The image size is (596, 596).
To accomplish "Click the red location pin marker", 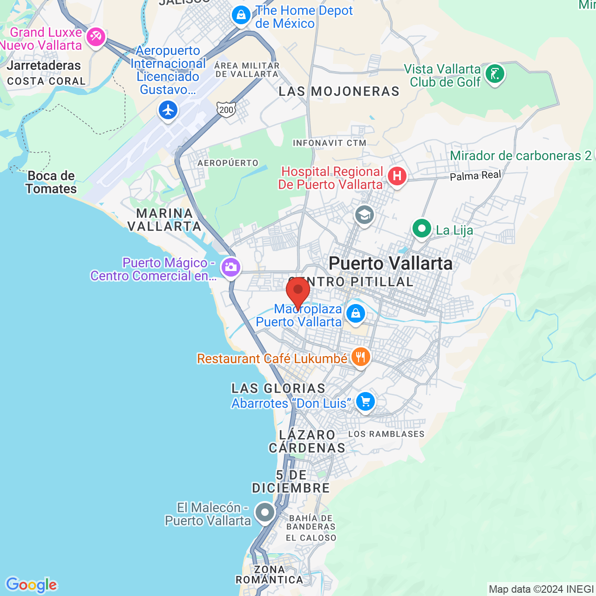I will [298, 291].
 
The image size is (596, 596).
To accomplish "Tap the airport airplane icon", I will [168, 110].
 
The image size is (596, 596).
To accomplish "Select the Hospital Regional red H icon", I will [397, 176].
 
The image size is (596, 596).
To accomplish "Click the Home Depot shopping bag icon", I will [241, 15].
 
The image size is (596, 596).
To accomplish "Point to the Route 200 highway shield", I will [226, 110].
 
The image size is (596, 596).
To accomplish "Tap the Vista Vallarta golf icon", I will [494, 74].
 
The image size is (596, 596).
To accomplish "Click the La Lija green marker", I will [421, 229].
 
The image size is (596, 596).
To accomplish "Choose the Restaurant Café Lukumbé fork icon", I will [360, 357].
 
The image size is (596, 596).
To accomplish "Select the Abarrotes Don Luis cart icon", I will [366, 401].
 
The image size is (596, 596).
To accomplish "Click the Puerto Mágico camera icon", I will [230, 267].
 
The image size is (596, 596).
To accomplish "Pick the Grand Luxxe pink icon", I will [96, 36].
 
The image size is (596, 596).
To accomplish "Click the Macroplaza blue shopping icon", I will [356, 313].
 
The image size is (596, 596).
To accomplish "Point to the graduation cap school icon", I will [364, 215].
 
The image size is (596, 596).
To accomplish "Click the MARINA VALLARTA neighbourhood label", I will [164, 220].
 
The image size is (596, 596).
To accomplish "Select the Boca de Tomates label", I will [51, 183].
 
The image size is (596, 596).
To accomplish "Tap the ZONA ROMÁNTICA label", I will [269, 575].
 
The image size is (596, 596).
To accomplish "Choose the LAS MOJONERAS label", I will [339, 91].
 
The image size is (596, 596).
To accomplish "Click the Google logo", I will [31, 585].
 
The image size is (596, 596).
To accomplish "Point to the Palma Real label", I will [475, 176].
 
